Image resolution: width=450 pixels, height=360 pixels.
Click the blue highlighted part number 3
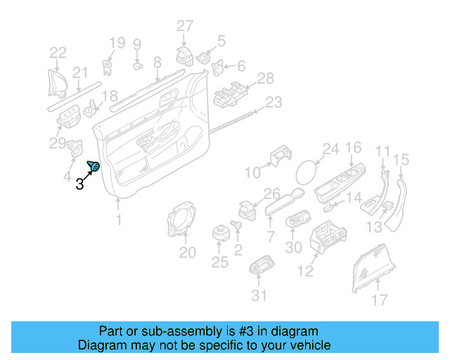pyautogui.click(x=94, y=166)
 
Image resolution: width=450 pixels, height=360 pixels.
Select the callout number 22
pyautogui.click(x=58, y=51)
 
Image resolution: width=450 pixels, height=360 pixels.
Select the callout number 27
pyautogui.click(x=184, y=26)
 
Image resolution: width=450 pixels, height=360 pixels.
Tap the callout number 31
pyautogui.click(x=259, y=295)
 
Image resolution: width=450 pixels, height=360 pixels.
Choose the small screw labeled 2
pyautogui.click(x=236, y=224)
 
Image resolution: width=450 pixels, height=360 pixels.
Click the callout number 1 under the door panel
pyautogui.click(x=119, y=220)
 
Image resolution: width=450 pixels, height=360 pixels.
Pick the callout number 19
pyautogui.click(x=116, y=42)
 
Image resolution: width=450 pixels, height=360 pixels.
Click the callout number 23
pyautogui.click(x=273, y=102)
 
